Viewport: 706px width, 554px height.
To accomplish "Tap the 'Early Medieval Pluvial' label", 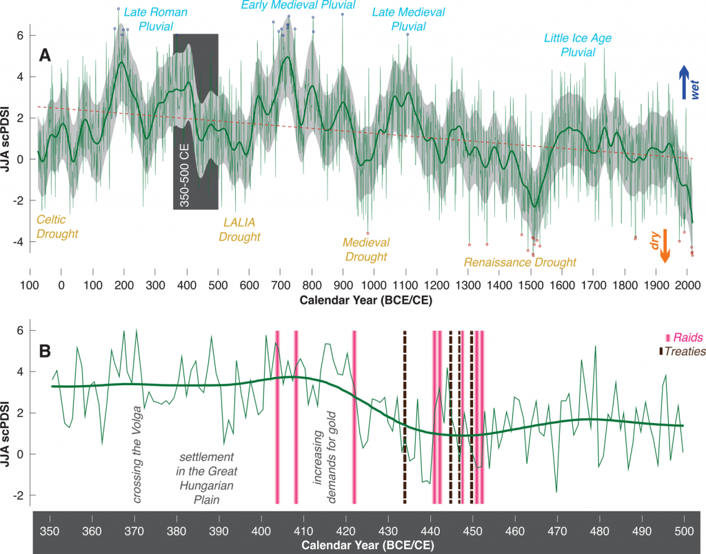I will coord(298,6).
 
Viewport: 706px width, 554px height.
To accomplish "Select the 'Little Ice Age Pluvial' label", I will coord(578,45).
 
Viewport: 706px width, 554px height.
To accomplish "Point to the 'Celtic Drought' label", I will coord(57,227).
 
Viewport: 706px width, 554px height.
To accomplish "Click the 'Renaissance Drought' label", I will coord(520,263).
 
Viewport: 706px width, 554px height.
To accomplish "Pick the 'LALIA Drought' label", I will coord(239,230).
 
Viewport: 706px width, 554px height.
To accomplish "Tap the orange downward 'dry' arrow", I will coord(665,245).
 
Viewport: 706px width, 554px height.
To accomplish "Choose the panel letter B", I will coord(46,350).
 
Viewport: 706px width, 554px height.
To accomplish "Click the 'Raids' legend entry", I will coord(685,338).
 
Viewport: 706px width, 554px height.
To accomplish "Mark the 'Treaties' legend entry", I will coord(683,351).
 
